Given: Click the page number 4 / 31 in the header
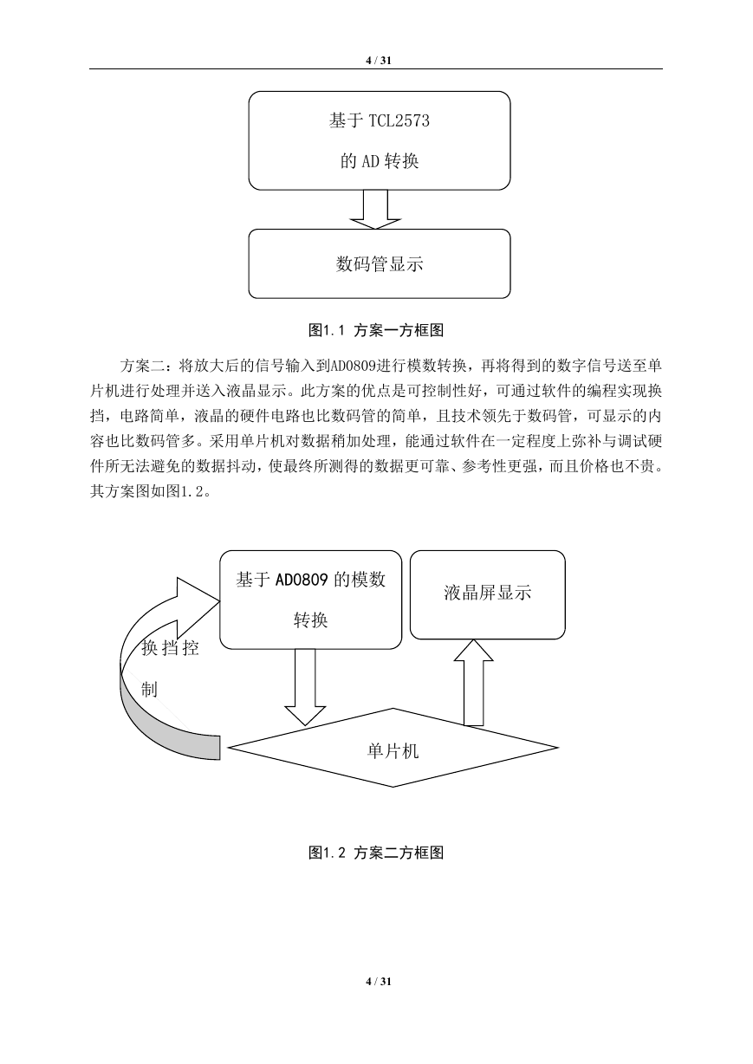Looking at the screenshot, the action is [379, 61].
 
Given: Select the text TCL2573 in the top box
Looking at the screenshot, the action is [399, 120].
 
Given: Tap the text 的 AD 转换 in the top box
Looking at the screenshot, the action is [380, 161].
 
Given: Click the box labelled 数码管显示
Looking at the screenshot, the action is [380, 264].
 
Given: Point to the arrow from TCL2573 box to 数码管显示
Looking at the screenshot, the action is [375, 210].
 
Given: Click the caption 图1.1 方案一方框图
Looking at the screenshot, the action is [376, 330].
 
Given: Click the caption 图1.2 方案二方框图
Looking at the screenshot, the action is [376, 853].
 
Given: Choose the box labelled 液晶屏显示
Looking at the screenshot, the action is [488, 594].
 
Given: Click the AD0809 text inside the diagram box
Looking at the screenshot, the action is [302, 580].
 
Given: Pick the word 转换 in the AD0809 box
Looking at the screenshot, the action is [311, 620].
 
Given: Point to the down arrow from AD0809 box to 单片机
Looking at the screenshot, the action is [305, 687].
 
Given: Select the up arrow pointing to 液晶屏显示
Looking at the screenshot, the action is [474, 683].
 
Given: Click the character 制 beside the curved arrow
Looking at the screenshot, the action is [149, 688].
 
